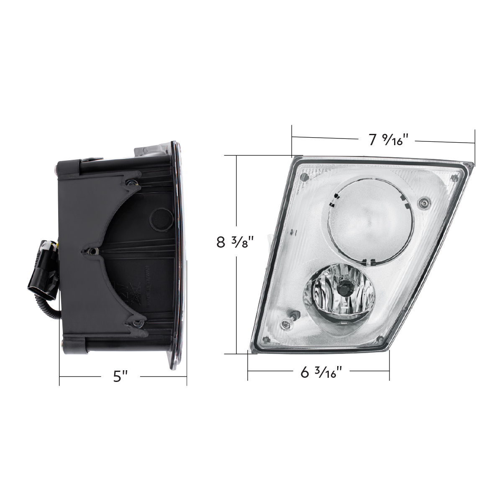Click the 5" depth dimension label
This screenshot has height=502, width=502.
point(120,376)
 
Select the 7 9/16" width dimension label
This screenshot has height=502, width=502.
point(385,140)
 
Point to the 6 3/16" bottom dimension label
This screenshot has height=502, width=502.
point(318,372)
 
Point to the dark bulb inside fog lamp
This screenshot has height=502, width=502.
point(346,287)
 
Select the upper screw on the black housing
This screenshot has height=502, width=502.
point(132,182)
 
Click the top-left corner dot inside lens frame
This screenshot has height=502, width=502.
point(305,177)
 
